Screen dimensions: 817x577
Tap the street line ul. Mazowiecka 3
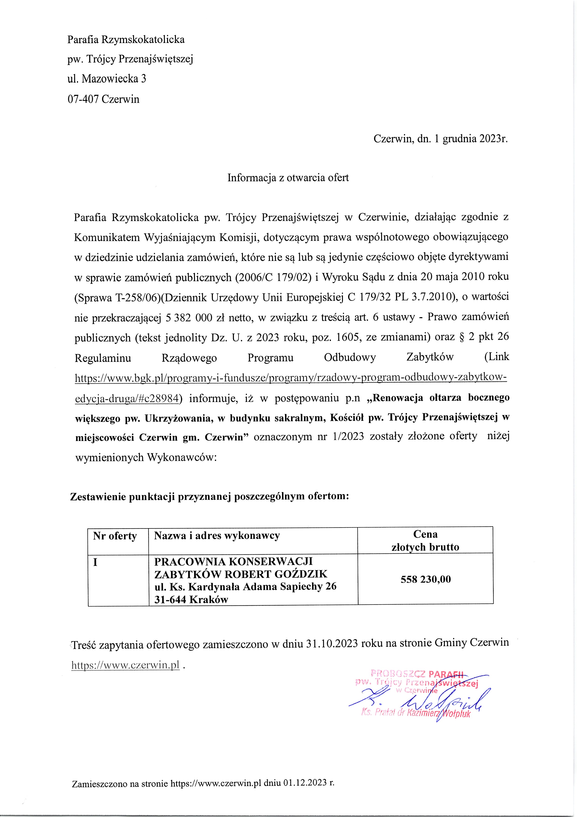107,79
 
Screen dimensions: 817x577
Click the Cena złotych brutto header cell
425,541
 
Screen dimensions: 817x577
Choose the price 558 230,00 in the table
426,579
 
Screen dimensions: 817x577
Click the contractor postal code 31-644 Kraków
191,599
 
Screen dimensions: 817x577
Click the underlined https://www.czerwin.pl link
125,665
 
